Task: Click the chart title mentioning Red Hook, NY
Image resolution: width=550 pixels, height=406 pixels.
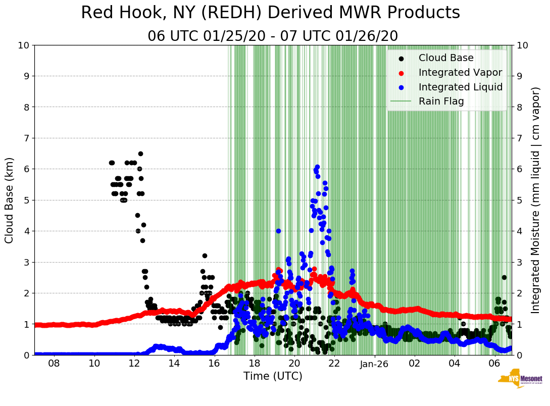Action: pyautogui.click(x=270, y=13)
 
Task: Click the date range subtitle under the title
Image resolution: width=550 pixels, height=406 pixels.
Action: pyautogui.click(x=273, y=36)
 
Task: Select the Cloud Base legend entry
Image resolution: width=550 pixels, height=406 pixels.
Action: pyautogui.click(x=446, y=58)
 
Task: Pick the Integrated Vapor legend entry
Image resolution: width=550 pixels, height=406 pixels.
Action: pyautogui.click(x=460, y=73)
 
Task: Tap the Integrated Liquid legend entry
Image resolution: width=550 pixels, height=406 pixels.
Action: pyautogui.click(x=460, y=87)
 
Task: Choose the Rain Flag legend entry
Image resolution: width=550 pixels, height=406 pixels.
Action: pyautogui.click(x=441, y=101)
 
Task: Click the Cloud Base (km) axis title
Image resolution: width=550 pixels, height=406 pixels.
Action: pyautogui.click(x=10, y=200)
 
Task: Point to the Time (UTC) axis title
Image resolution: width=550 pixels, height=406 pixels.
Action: pyautogui.click(x=273, y=376)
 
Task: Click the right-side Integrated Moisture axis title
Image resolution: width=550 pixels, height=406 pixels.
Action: pyautogui.click(x=536, y=200)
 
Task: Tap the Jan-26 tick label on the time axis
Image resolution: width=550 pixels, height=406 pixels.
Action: pyautogui.click(x=374, y=364)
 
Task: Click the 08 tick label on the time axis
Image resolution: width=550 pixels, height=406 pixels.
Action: pyautogui.click(x=54, y=364)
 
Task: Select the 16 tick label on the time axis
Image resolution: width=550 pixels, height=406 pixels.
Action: pyautogui.click(x=214, y=364)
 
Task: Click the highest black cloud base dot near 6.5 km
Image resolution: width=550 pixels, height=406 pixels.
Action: pyautogui.click(x=140, y=154)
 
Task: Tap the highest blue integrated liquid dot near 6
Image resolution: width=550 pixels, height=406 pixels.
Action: pyautogui.click(x=317, y=167)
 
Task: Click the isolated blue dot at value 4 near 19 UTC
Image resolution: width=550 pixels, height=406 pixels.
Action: pyautogui.click(x=278, y=231)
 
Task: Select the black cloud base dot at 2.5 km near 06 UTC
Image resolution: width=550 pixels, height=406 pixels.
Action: pyautogui.click(x=504, y=277)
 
